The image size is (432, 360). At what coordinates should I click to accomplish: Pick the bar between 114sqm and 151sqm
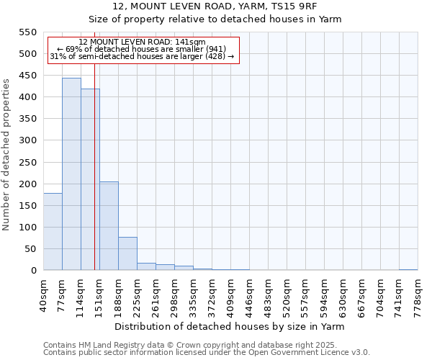coord(90,180)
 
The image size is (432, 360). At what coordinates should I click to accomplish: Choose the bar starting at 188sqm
coord(127,253)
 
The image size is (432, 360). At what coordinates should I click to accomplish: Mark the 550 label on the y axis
coord(27,32)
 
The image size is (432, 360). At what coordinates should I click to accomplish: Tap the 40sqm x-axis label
coord(44,292)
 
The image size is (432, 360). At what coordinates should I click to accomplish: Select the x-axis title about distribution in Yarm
coord(230,326)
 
